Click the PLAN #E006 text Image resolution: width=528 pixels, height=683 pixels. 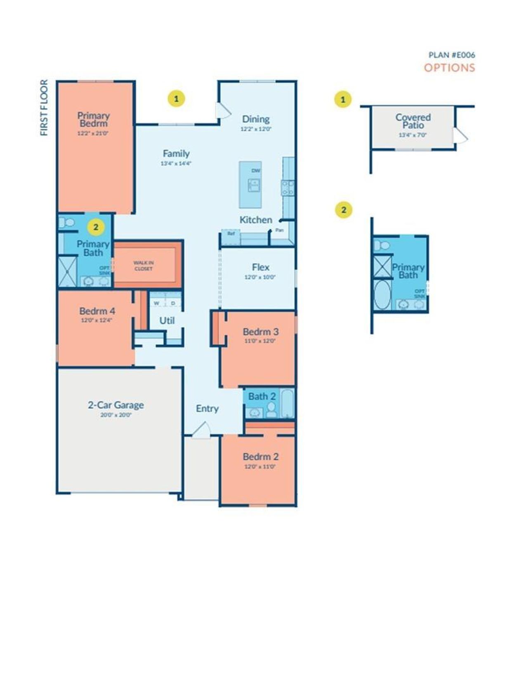coord(452,55)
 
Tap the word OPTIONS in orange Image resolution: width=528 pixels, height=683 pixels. coord(449,68)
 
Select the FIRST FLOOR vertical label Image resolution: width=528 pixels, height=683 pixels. coord(44,108)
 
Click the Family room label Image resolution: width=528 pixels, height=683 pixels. coord(176,154)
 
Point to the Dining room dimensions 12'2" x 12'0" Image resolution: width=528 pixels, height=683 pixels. coord(256,129)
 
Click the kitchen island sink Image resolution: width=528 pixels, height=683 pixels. coord(254,185)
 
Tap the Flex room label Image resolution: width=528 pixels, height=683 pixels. coord(260,267)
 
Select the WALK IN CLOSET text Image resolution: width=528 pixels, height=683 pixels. coord(144,266)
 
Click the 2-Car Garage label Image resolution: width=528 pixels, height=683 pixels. coord(116,405)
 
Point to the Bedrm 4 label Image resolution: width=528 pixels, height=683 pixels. coord(97,311)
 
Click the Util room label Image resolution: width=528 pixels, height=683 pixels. coord(167,320)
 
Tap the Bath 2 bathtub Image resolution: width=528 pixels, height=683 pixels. coord(288,404)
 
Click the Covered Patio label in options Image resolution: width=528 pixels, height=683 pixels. coord(413,121)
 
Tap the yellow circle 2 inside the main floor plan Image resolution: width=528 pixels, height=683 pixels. coord(96,227)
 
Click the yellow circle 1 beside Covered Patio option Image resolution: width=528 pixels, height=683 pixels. coord(343,99)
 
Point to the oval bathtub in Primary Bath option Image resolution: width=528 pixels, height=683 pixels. coord(382,295)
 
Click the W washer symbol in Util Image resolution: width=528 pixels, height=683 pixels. coord(156,303)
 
